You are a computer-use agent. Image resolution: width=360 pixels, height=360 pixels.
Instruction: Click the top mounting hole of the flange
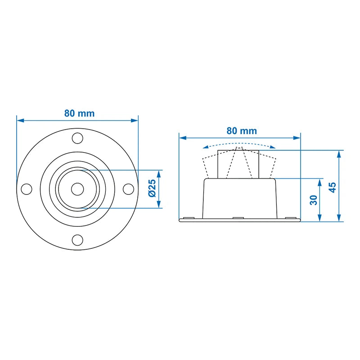(77, 138)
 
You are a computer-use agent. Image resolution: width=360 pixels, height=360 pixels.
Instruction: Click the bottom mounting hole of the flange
(77, 240)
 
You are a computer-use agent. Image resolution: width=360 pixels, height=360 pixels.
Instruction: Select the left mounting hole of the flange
(27, 189)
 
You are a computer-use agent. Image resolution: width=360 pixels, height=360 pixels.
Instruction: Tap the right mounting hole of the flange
(128, 189)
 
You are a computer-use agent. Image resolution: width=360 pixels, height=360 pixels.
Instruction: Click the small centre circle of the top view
(77, 189)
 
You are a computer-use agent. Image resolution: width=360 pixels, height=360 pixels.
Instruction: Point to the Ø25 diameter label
(152, 188)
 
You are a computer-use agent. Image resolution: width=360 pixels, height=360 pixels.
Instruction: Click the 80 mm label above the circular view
(80, 113)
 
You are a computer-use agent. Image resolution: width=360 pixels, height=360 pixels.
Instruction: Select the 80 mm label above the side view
(242, 131)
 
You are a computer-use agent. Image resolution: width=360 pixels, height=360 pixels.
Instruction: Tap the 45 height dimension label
(333, 187)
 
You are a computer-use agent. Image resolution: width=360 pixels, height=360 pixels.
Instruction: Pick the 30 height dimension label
(313, 200)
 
